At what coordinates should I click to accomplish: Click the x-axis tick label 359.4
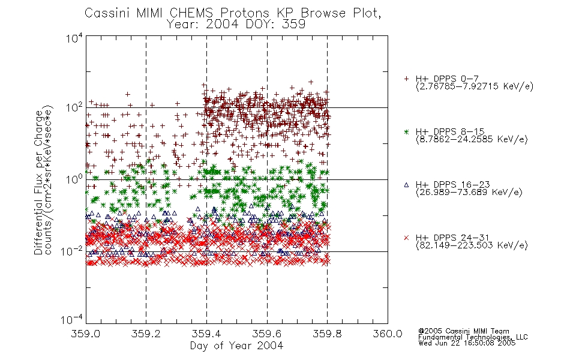coord(206,334)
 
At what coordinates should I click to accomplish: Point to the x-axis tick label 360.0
coord(388,334)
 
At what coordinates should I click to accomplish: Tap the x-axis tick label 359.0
coord(86,334)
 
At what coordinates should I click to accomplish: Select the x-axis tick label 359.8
coord(327,334)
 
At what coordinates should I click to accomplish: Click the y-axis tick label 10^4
coord(74,38)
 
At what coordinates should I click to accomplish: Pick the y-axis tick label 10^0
coord(74,179)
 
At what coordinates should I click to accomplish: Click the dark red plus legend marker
coord(406,79)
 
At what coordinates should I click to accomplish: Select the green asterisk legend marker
coord(406,132)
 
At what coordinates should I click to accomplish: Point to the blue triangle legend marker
coord(406,185)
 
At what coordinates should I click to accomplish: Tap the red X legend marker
coord(406,238)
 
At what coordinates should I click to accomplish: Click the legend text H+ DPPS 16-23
coord(452,185)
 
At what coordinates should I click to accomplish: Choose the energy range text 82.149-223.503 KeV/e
coord(472,245)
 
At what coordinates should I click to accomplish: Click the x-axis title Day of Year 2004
coord(236,346)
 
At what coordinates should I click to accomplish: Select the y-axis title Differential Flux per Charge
coord(38,182)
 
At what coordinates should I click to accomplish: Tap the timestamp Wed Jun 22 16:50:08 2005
coord(467,343)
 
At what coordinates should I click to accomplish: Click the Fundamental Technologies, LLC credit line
coord(473,337)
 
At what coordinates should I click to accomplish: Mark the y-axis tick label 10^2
coord(74,108)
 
